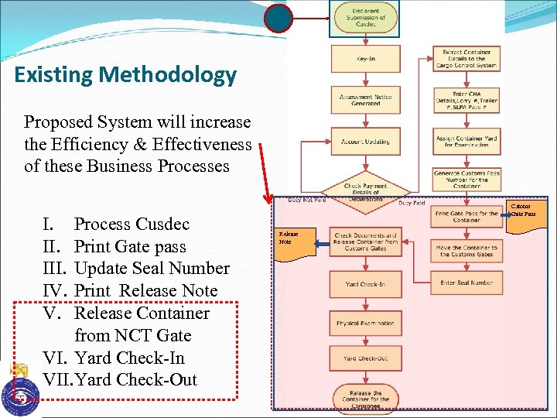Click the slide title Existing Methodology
click(125, 75)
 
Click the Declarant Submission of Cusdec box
click(365, 17)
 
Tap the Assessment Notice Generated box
click(365, 100)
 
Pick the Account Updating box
click(365, 142)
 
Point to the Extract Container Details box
click(466, 59)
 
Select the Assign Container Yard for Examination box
click(466, 141)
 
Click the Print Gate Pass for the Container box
click(466, 216)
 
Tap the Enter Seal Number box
click(466, 283)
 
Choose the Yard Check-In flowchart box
click(365, 284)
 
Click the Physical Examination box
click(365, 323)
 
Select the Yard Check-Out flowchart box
click(365, 358)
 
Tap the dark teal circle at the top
click(278, 17)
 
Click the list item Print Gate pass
click(130, 246)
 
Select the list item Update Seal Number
click(152, 269)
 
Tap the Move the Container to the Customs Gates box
click(466, 250)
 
